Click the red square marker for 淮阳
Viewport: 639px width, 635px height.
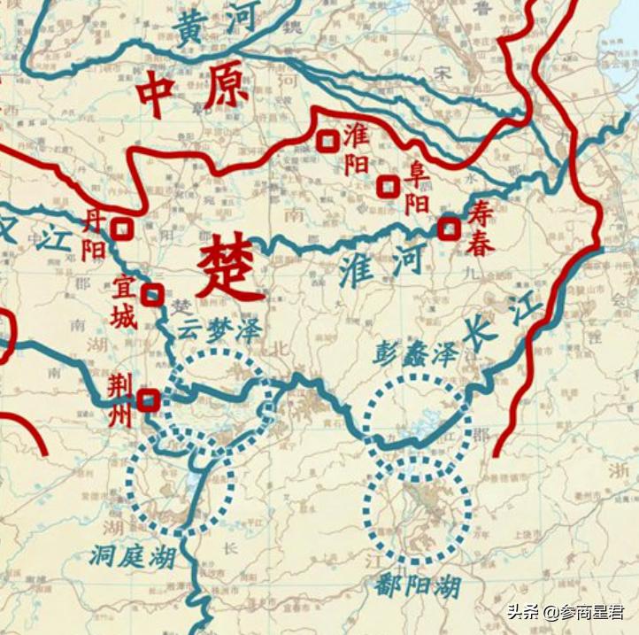[327, 140]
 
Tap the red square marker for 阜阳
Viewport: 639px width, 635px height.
[387, 186]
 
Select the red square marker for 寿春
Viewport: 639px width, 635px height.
[450, 229]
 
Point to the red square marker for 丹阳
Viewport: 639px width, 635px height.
[122, 229]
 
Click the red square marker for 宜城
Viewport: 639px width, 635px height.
[153, 294]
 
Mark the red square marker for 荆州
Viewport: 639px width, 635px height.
[148, 400]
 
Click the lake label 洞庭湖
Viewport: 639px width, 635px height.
[132, 556]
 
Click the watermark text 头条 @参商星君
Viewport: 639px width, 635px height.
[564, 612]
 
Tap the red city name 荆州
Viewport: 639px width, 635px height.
[119, 400]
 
